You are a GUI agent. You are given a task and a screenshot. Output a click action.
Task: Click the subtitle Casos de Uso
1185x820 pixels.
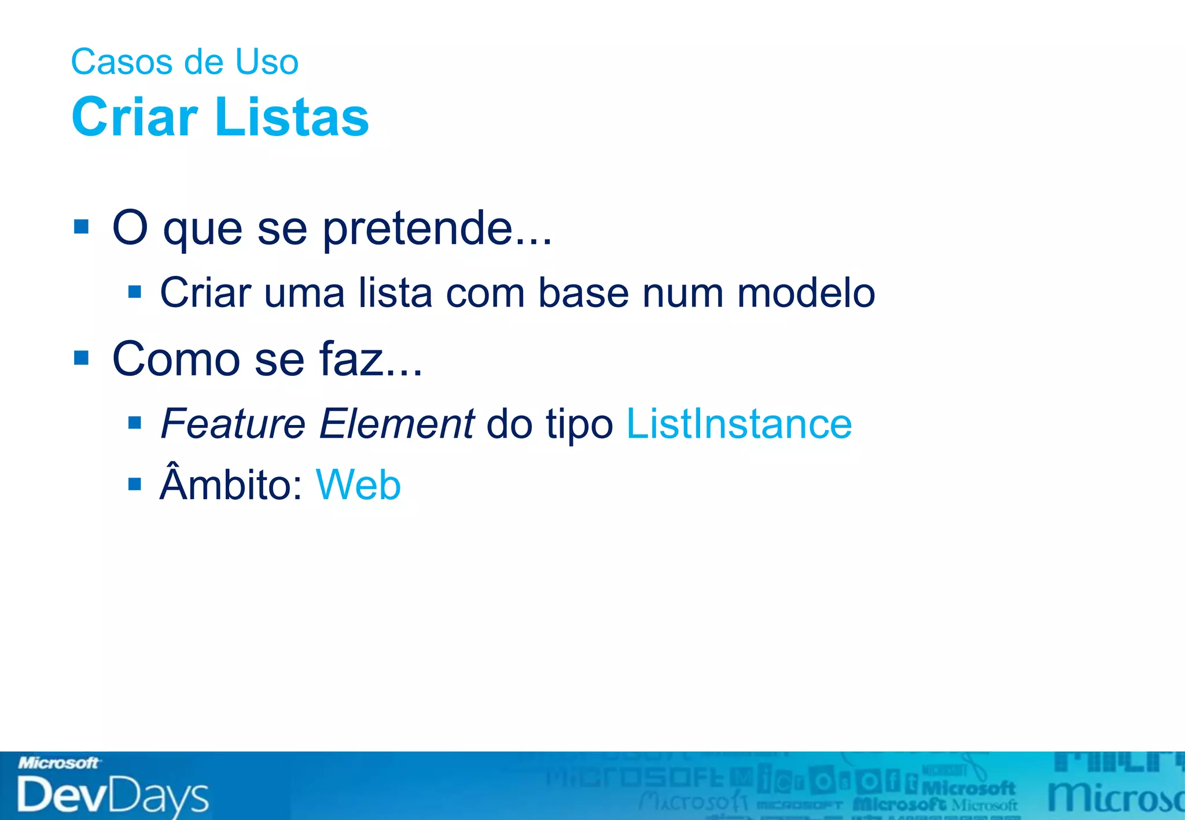pos(185,62)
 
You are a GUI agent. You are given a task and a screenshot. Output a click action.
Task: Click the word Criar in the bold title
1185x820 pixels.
pos(135,117)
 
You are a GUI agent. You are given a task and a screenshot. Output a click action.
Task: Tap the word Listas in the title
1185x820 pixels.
pos(292,117)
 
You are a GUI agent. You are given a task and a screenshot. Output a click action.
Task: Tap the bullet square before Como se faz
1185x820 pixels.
pos(82,358)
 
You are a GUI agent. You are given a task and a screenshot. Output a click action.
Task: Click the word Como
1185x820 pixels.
pos(176,359)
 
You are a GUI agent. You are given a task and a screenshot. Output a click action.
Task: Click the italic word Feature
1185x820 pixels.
pos(233,424)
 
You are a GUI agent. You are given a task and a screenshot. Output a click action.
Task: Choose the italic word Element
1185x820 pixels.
pos(397,424)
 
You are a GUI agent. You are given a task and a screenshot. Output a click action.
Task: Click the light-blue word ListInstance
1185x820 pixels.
pos(739,424)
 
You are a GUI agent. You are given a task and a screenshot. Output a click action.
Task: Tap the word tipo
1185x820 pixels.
pos(579,425)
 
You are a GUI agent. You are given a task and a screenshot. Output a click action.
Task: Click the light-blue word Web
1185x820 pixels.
pos(358,485)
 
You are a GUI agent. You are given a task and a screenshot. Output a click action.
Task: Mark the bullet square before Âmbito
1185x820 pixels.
pos(135,483)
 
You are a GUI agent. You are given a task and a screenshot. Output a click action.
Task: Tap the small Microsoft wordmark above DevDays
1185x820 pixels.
pos(58,763)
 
